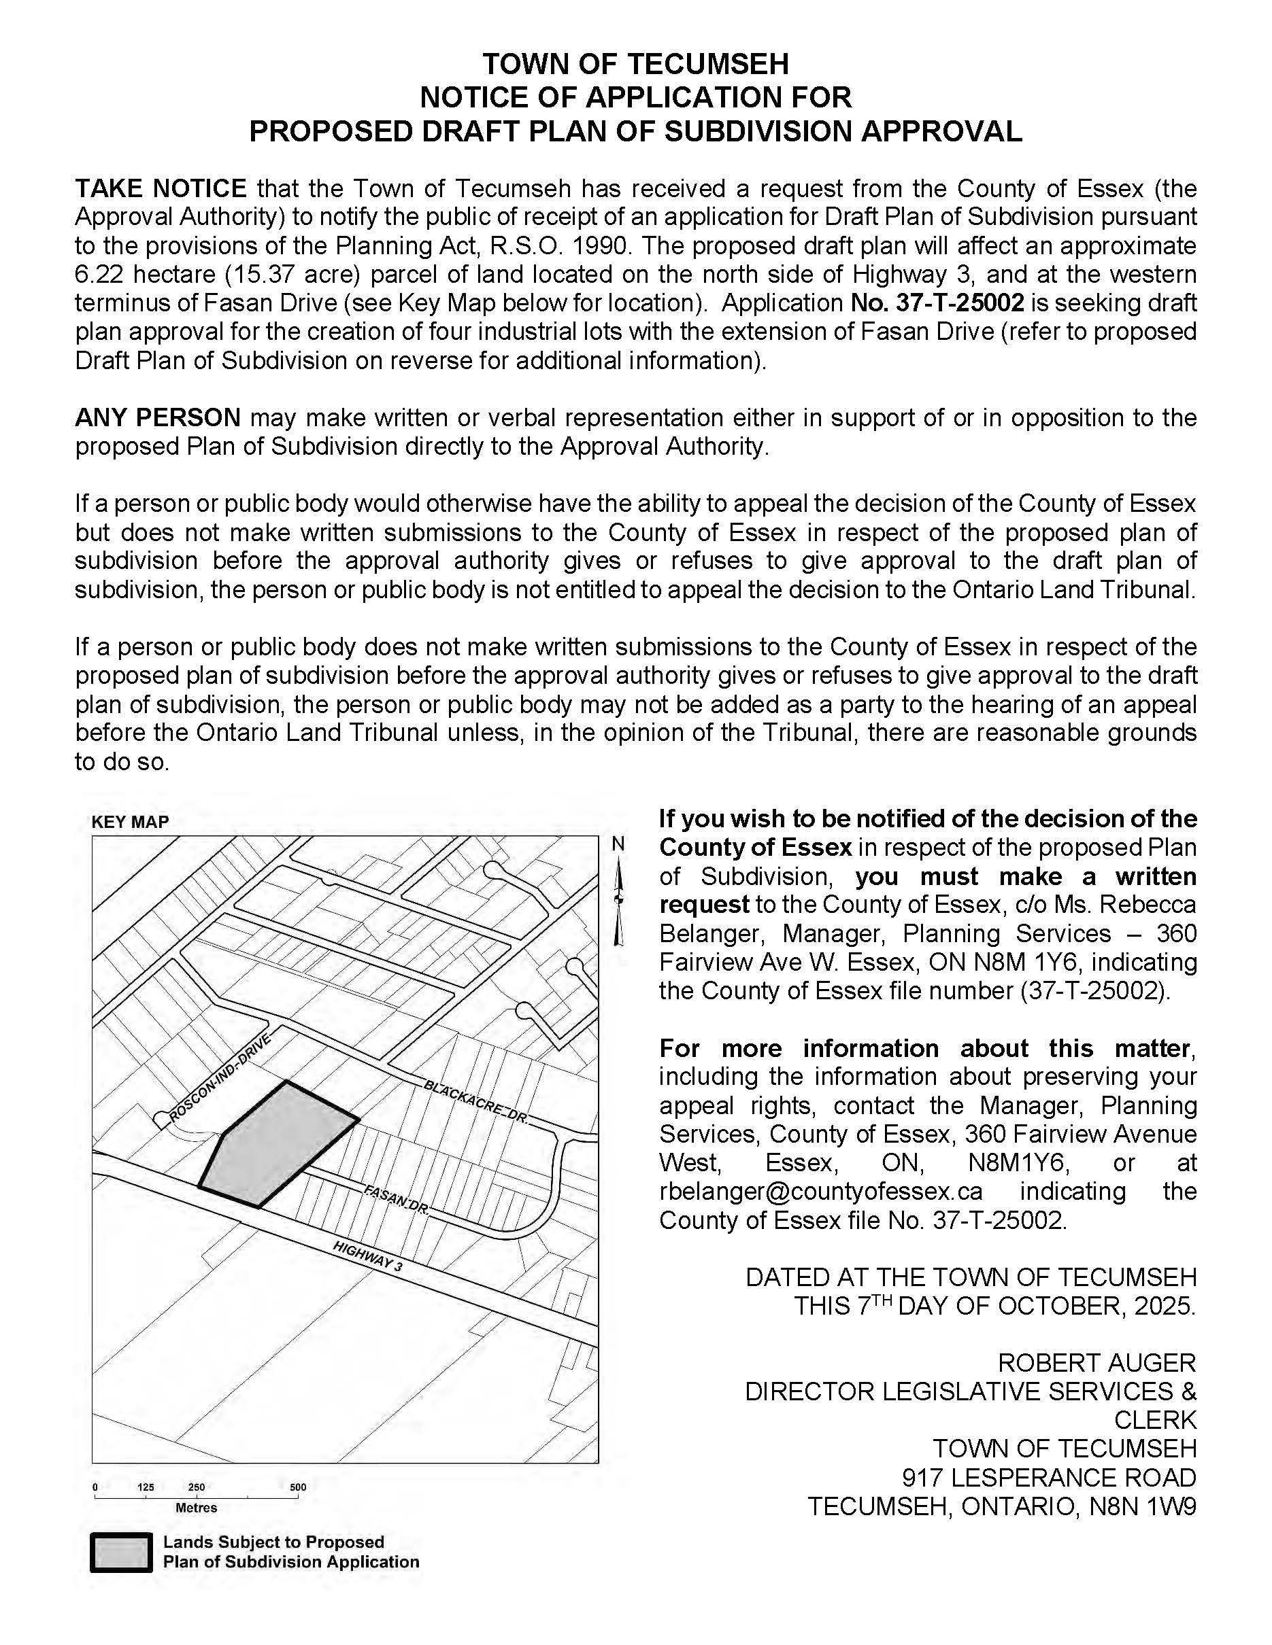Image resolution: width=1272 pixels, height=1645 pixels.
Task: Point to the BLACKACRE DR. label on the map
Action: pyautogui.click(x=475, y=1102)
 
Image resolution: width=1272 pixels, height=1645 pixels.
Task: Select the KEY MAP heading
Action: pyautogui.click(x=130, y=822)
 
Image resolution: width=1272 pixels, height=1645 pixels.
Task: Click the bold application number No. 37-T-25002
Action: pyautogui.click(x=937, y=302)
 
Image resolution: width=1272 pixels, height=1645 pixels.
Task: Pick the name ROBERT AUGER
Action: pyautogui.click(x=1097, y=1362)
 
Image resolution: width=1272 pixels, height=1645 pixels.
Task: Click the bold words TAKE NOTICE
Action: pyautogui.click(x=161, y=188)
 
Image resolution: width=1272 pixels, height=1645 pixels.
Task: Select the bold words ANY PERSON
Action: pyautogui.click(x=158, y=417)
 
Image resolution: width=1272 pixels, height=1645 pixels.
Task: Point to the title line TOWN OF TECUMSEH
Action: pyautogui.click(x=635, y=64)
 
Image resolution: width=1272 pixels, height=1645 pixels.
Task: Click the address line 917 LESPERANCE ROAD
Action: pyautogui.click(x=1049, y=1477)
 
